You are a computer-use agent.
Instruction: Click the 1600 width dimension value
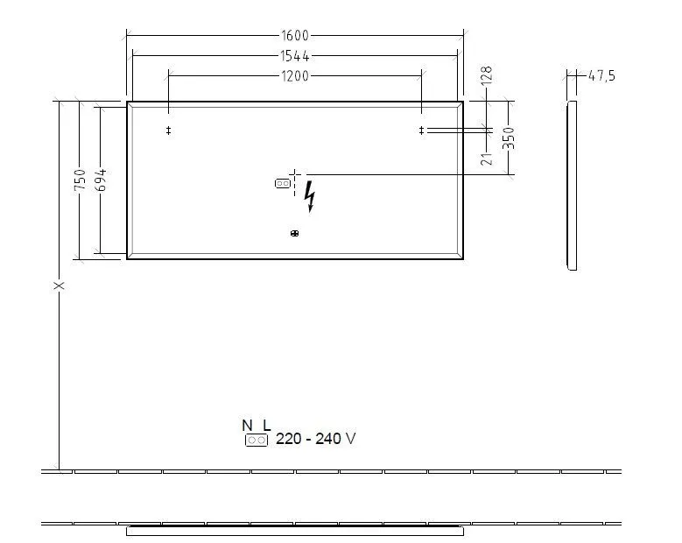(x=296, y=36)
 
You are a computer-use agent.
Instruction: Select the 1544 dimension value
(x=296, y=55)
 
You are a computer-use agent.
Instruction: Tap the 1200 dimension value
(x=296, y=76)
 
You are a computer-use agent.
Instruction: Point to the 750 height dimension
(x=80, y=180)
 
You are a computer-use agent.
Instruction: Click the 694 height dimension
(x=101, y=180)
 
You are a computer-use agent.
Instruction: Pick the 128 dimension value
(x=487, y=76)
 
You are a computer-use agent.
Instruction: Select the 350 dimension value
(x=509, y=138)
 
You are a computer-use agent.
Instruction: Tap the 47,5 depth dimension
(x=601, y=76)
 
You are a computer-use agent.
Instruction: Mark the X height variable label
(x=59, y=286)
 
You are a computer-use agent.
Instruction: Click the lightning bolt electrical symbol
(x=309, y=200)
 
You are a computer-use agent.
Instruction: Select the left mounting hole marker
(x=168, y=130)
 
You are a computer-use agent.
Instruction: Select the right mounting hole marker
(x=422, y=130)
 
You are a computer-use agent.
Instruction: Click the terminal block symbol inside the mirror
(x=282, y=184)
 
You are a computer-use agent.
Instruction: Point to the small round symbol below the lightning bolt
(x=294, y=233)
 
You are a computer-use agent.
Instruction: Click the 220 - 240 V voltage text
(x=315, y=439)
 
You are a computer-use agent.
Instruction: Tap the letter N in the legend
(x=247, y=426)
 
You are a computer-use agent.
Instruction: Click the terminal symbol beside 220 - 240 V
(x=257, y=441)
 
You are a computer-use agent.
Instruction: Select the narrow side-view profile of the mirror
(x=572, y=184)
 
